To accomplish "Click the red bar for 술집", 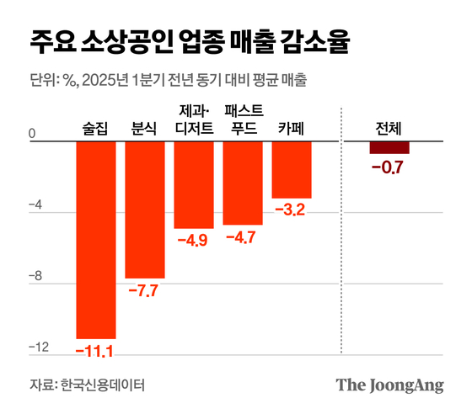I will (x=96, y=240).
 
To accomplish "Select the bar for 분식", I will (x=145, y=210).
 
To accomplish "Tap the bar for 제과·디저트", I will (x=194, y=184).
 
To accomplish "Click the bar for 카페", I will (x=292, y=169).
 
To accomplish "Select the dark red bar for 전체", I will (x=389, y=147).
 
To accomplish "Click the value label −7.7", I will (x=143, y=291).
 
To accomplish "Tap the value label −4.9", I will (x=192, y=241).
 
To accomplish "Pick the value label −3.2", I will (x=290, y=210).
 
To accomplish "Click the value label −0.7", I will (x=389, y=167).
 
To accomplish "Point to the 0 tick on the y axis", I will (x=32, y=133).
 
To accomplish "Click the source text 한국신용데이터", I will (x=103, y=385).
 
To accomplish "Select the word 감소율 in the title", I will (x=317, y=40).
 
